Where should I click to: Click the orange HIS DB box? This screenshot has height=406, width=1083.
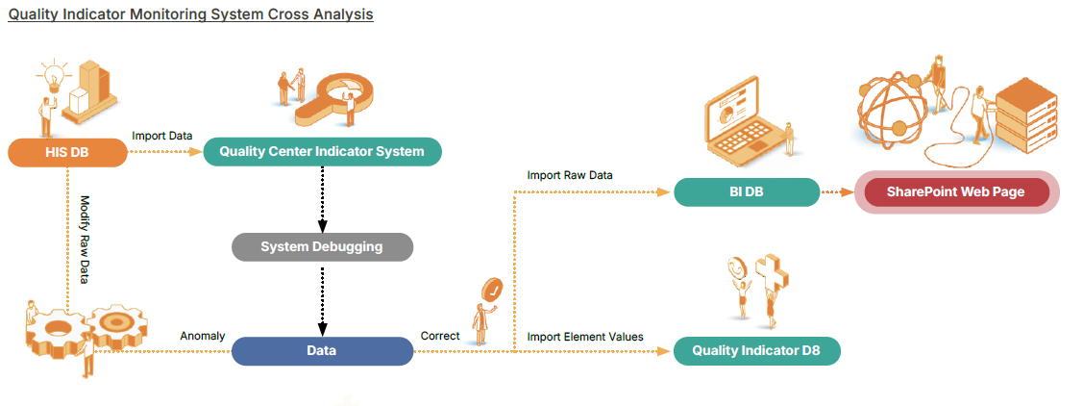click(x=67, y=152)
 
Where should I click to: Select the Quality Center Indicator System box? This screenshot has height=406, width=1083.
click(x=322, y=152)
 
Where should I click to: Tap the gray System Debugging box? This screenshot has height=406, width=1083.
click(x=322, y=247)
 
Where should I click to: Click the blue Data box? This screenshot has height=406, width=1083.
click(x=322, y=351)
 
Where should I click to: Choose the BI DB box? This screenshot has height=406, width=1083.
click(x=746, y=192)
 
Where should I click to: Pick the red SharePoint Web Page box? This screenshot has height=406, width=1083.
click(x=955, y=192)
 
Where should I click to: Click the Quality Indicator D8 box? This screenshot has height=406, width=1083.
click(x=756, y=351)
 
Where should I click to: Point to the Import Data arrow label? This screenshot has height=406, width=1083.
click(x=161, y=136)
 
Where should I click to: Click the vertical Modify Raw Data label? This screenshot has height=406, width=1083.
click(x=85, y=240)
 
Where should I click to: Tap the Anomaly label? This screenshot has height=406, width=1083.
click(x=203, y=336)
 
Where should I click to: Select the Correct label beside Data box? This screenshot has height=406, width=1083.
click(x=440, y=336)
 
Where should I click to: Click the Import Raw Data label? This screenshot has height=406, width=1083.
click(x=570, y=175)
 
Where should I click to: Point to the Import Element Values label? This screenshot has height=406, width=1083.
click(x=585, y=336)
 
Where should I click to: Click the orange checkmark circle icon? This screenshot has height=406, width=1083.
click(x=493, y=288)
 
